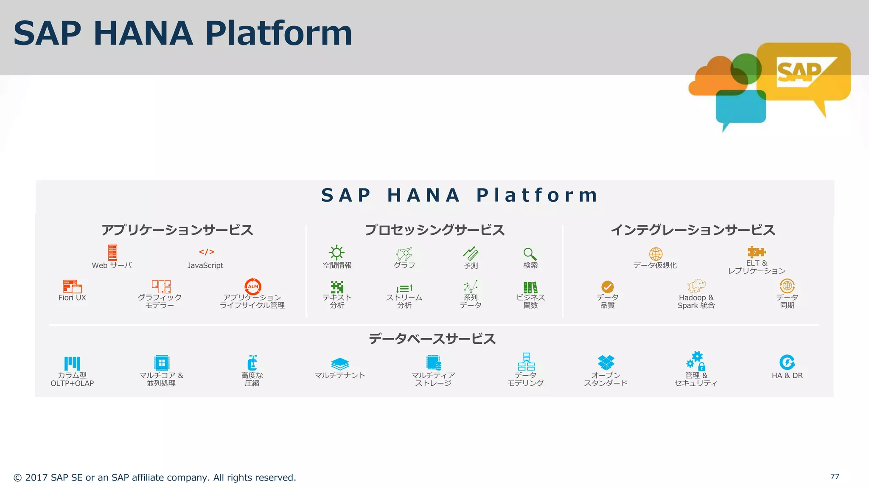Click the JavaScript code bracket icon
pyautogui.click(x=207, y=252)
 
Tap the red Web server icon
pyautogui.click(x=112, y=252)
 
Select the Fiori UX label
pyautogui.click(x=72, y=298)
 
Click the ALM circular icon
pyautogui.click(x=253, y=287)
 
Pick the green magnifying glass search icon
pyautogui.click(x=530, y=254)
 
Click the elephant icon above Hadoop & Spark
pyautogui.click(x=696, y=286)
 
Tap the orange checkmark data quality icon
pyautogui.click(x=607, y=287)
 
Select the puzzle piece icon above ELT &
pyautogui.click(x=756, y=252)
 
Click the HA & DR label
pyautogui.click(x=787, y=376)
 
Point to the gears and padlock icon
pyautogui.click(x=696, y=361)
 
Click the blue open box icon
pyautogui.click(x=606, y=362)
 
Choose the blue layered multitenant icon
pyautogui.click(x=340, y=364)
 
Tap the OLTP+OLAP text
pyautogui.click(x=72, y=383)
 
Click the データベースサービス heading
pyautogui.click(x=432, y=339)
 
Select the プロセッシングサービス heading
pyautogui.click(x=434, y=230)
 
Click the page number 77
pyautogui.click(x=835, y=477)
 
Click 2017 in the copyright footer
pyautogui.click(x=36, y=478)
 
